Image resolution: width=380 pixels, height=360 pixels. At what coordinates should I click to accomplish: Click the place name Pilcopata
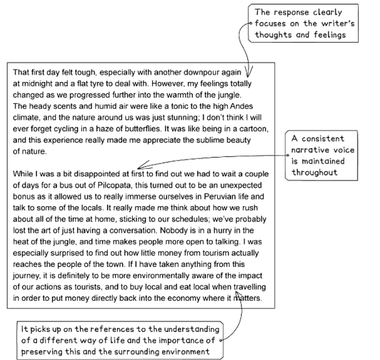point(110,185)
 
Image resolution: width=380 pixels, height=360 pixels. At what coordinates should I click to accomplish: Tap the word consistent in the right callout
point(321,138)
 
